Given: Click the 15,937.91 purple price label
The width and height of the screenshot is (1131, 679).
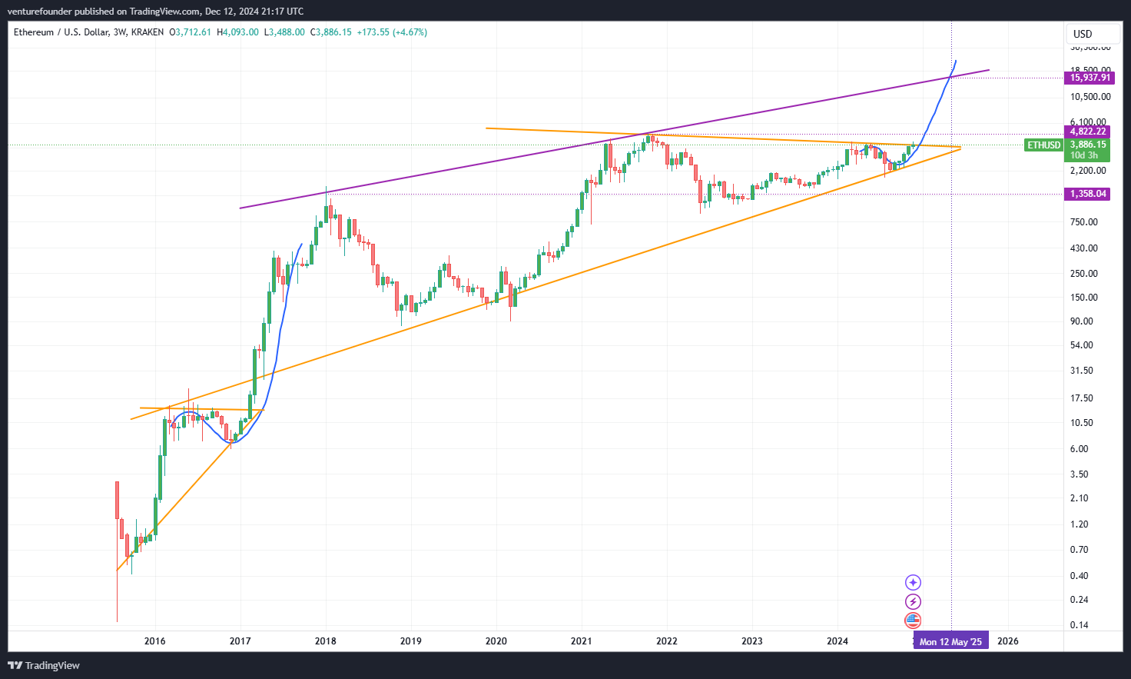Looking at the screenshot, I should tap(1090, 78).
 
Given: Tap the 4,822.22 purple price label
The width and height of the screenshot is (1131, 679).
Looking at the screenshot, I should tap(1088, 131).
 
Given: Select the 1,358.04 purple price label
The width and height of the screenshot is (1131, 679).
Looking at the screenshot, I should tap(1088, 194).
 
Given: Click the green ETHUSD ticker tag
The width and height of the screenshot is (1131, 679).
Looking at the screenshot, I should tap(1043, 145).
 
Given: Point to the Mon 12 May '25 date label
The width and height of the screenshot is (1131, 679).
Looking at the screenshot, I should tap(950, 641).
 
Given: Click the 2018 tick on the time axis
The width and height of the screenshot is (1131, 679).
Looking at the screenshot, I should tap(326, 641).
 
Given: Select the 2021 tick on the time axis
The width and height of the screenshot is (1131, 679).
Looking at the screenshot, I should tap(582, 641).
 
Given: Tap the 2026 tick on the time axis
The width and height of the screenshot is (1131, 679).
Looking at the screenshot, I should tap(1007, 641).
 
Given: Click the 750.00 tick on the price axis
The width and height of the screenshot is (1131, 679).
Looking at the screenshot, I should tap(1083, 222).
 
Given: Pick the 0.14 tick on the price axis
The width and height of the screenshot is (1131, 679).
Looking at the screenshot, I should tap(1079, 625).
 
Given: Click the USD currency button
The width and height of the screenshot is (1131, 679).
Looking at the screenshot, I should tap(1083, 34).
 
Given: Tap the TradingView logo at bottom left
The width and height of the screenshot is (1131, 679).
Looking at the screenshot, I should tap(44, 665).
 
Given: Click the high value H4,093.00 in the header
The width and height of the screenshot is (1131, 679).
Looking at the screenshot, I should tap(238, 32).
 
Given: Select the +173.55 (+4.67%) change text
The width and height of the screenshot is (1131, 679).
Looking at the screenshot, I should tap(392, 32).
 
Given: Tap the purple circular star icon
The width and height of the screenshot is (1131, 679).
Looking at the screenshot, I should tap(913, 582).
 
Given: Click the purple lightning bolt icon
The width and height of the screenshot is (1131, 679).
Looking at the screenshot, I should tap(913, 601).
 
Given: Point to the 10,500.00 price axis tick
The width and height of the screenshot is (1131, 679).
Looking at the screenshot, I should tap(1090, 97).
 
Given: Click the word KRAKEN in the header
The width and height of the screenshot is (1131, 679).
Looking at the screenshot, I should tap(148, 32).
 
